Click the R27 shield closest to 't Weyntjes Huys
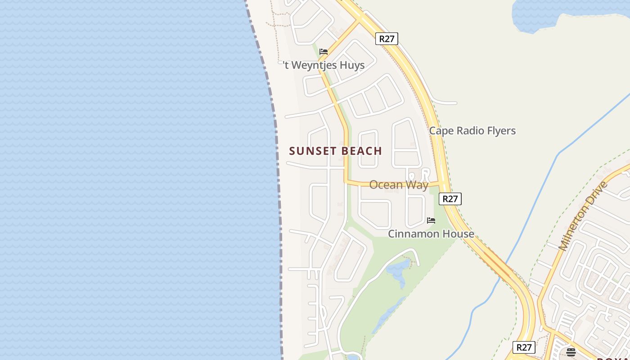387,39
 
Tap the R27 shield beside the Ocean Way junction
450,199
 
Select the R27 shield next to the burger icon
524,347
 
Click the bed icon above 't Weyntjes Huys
324,52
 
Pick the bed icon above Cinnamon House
431,220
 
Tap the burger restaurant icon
571,352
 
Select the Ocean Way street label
399,185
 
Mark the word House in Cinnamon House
457,234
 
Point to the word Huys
351,65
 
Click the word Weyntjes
313,65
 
